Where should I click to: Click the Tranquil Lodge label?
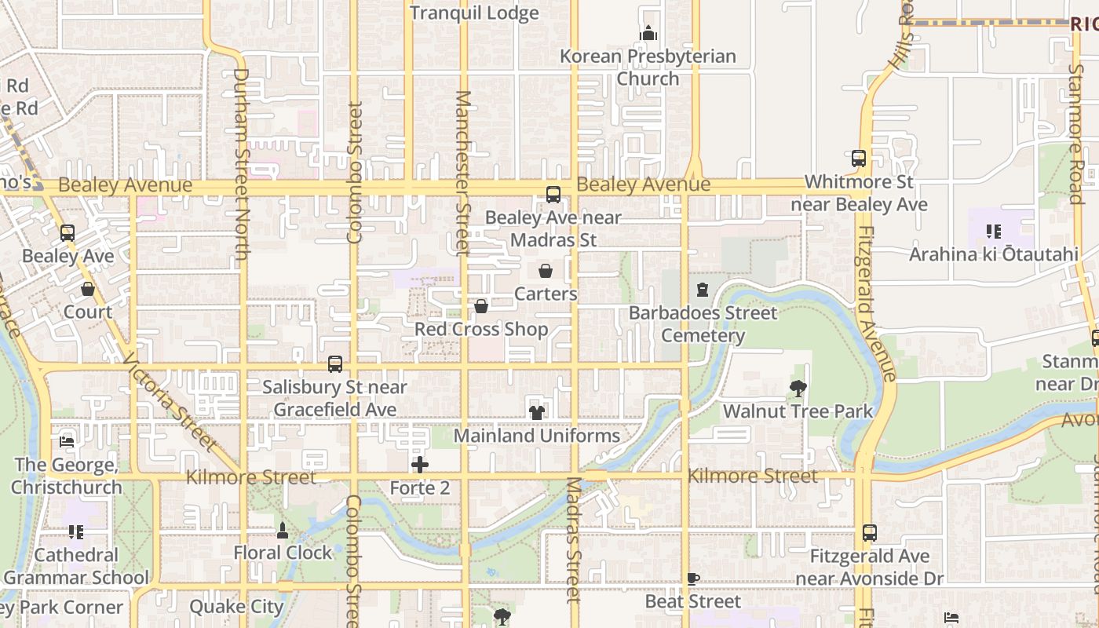[474, 13]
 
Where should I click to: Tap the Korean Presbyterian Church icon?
[648, 34]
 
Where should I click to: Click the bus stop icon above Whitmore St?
[859, 158]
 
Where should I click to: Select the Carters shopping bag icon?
[546, 271]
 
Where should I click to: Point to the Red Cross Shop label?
[481, 329]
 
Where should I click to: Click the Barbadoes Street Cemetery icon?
[703, 290]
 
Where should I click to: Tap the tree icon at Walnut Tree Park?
[798, 388]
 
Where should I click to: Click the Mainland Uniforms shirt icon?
[537, 412]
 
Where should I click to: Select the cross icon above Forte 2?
[420, 465]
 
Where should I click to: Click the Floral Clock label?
[283, 553]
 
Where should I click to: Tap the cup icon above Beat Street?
[692, 579]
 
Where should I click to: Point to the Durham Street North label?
[240, 165]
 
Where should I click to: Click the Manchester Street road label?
[462, 173]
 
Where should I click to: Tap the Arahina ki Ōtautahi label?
[992, 254]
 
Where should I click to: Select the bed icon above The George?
[68, 441]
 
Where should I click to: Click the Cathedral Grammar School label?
[76, 566]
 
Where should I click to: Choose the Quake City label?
[235, 607]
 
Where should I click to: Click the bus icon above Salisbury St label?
[335, 364]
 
